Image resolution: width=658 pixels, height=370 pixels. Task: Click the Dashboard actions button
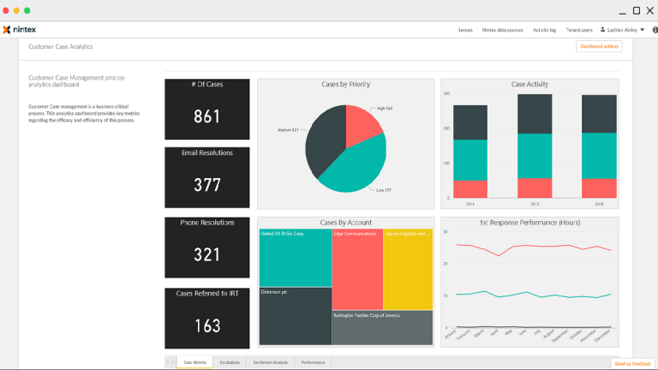click(599, 46)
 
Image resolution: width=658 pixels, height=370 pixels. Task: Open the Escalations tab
click(230, 362)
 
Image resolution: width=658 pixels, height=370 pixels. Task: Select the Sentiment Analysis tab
click(271, 362)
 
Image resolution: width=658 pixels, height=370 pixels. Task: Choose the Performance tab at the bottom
click(313, 362)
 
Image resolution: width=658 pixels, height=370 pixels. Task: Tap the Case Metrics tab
click(194, 362)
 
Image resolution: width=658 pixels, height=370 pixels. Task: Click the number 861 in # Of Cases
click(207, 116)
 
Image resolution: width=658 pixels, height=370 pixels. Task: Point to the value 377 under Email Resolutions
click(207, 185)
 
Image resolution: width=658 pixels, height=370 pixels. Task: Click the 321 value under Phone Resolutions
click(207, 254)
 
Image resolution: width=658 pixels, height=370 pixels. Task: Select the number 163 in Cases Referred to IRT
click(207, 325)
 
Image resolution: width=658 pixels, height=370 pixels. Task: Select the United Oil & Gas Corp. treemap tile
click(295, 257)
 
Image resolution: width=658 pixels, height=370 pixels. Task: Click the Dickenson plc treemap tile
click(295, 317)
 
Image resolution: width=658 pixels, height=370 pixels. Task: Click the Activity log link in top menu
click(544, 30)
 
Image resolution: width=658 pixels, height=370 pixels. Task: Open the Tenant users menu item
click(578, 30)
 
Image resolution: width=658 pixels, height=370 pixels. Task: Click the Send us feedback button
click(632, 364)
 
